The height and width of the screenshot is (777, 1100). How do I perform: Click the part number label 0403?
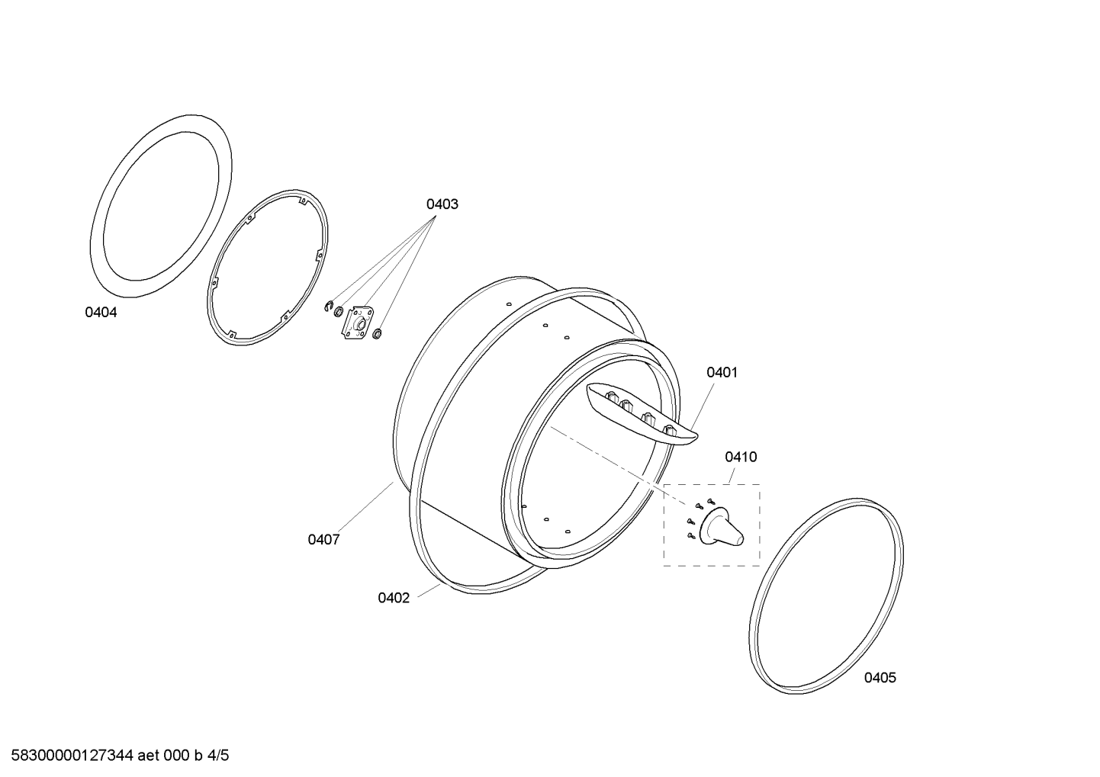(x=442, y=204)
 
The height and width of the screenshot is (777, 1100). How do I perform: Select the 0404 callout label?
(x=101, y=312)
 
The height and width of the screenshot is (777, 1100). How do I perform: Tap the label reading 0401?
(x=722, y=373)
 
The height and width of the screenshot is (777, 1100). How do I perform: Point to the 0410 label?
(x=741, y=457)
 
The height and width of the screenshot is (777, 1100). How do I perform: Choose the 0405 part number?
(x=880, y=678)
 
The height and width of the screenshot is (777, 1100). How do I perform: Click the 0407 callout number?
(x=323, y=540)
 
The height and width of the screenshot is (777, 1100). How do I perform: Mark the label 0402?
(x=394, y=598)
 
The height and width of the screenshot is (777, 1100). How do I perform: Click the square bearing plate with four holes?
(x=359, y=323)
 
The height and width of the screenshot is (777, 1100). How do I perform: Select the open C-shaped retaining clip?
(x=329, y=307)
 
